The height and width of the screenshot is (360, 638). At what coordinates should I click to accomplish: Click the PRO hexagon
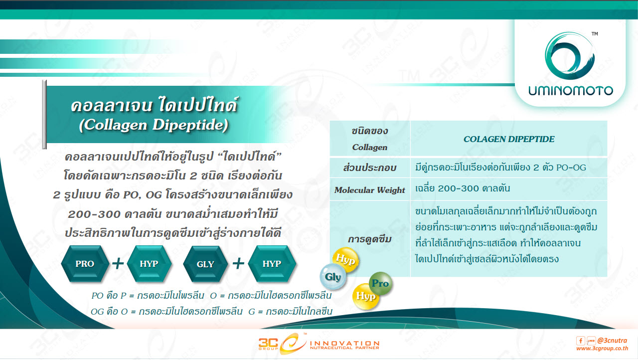(x=85, y=264)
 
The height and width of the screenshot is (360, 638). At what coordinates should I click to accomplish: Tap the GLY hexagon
(x=205, y=264)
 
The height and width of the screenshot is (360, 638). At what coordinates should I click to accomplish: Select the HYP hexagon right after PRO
(x=149, y=264)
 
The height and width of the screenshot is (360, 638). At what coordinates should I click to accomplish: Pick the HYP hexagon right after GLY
(x=272, y=264)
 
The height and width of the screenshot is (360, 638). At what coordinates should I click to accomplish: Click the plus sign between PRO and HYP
(x=118, y=263)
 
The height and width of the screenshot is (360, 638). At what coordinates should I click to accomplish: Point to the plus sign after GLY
(x=238, y=263)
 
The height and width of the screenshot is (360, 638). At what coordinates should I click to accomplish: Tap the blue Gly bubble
(x=332, y=277)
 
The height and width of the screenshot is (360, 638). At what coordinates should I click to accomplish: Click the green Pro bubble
(x=380, y=283)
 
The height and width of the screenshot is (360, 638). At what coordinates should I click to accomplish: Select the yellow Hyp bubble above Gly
(x=345, y=259)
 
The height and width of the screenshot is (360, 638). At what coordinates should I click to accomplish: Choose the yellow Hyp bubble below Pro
(x=366, y=297)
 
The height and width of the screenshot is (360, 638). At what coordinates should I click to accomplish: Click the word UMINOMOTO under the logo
(x=571, y=91)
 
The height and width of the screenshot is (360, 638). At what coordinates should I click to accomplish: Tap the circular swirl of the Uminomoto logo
(x=570, y=55)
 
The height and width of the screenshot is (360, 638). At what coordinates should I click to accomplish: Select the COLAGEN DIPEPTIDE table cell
(x=509, y=139)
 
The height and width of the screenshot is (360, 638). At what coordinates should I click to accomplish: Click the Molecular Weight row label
(x=370, y=190)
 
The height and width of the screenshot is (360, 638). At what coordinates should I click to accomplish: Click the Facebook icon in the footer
(x=581, y=341)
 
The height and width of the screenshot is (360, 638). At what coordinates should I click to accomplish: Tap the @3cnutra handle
(x=612, y=341)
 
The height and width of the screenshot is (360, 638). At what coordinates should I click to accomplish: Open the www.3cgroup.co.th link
(x=602, y=349)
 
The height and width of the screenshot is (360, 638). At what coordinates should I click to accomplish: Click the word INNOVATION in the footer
(x=344, y=343)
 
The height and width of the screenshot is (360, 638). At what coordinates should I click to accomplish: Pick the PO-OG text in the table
(x=571, y=168)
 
